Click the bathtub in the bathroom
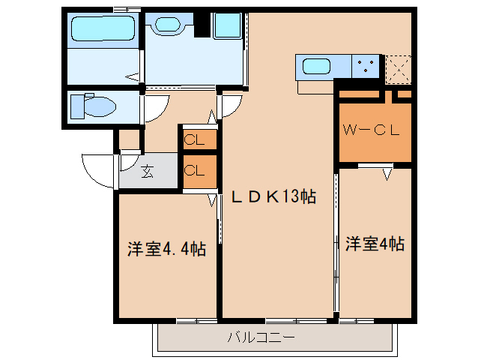[102, 29]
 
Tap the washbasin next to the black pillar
[173, 25]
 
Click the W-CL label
[373, 129]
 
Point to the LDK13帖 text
[272, 196]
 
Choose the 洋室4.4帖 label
[166, 248]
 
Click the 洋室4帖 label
[375, 244]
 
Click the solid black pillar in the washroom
[201, 25]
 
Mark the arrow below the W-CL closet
[387, 174]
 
